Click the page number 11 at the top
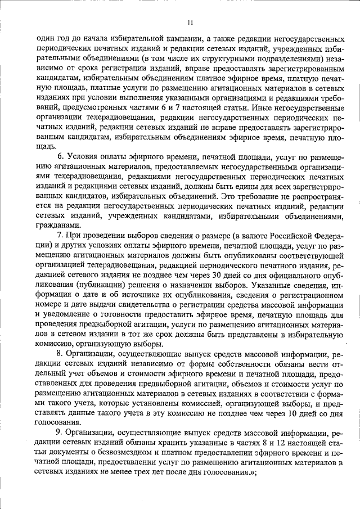190,22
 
